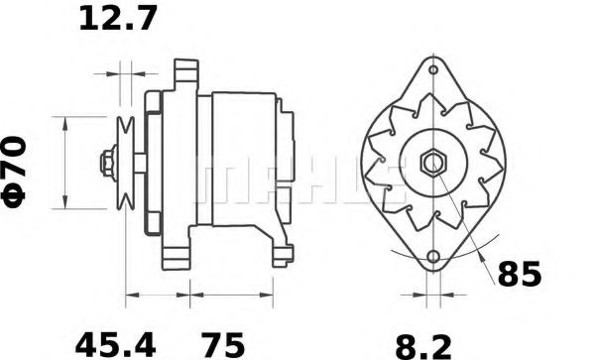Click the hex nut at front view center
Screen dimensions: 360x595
[x=433, y=162]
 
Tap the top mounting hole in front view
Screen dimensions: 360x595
[x=433, y=71]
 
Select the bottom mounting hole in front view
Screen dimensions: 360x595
[x=433, y=259]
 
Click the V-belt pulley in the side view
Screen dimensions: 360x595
[x=127, y=162]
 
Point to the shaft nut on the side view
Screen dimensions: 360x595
[x=107, y=162]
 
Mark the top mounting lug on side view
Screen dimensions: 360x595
[x=180, y=73]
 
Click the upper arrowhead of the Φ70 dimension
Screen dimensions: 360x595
[x=65, y=121]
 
